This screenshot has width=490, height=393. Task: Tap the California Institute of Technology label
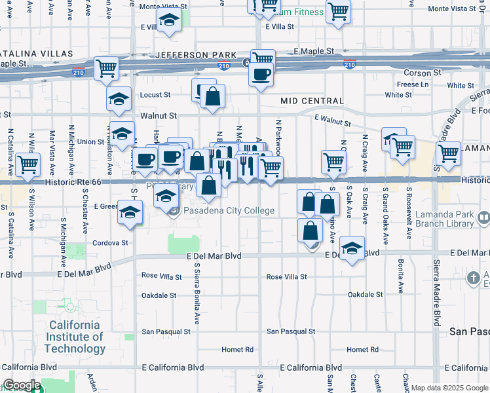click(x=76, y=337)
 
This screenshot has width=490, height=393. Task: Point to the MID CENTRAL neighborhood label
click(x=312, y=101)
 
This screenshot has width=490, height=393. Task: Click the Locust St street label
click(x=155, y=95)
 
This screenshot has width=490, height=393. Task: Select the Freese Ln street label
click(x=412, y=84)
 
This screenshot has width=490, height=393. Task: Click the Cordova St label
click(x=110, y=242)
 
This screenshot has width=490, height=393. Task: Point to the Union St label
click(x=91, y=141)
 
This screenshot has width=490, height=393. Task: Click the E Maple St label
click(x=314, y=50)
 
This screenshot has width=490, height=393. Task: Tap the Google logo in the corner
click(x=21, y=385)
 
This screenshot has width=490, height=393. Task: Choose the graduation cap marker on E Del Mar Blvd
click(x=352, y=248)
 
